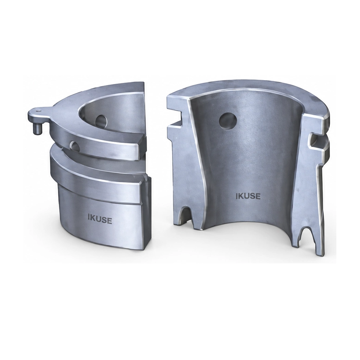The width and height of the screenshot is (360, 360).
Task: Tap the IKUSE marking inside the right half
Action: (x=248, y=196)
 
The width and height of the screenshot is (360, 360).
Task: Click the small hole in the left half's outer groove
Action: (x=75, y=145)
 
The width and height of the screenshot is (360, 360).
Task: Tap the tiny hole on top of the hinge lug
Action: (x=39, y=111)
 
